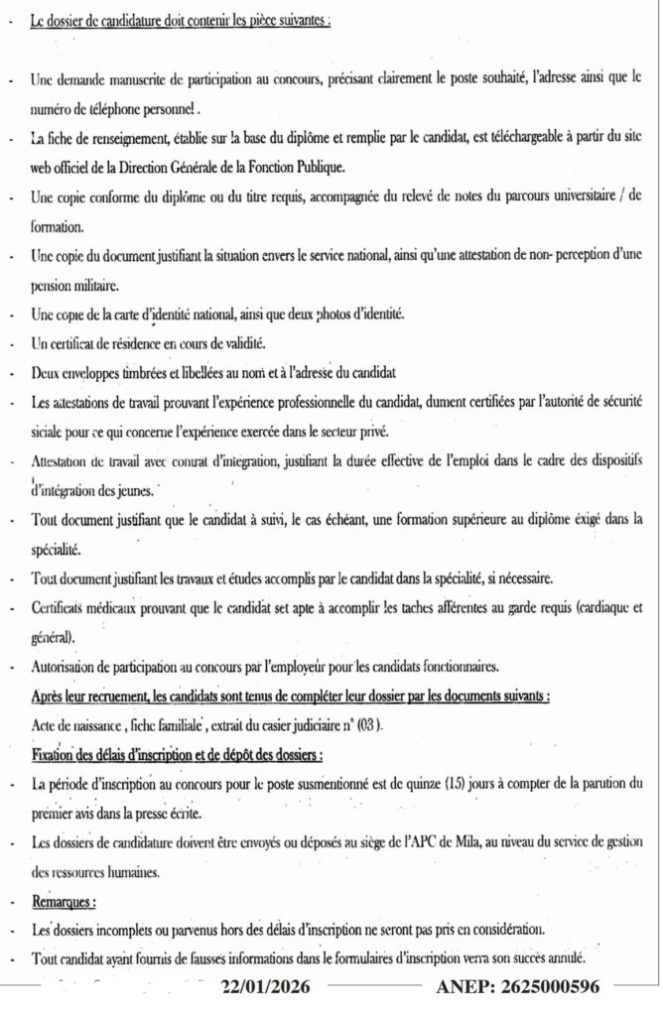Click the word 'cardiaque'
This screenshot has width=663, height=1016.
(x=601, y=607)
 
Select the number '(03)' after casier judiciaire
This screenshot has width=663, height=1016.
(x=368, y=725)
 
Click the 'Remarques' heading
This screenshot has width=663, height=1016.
(x=63, y=903)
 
